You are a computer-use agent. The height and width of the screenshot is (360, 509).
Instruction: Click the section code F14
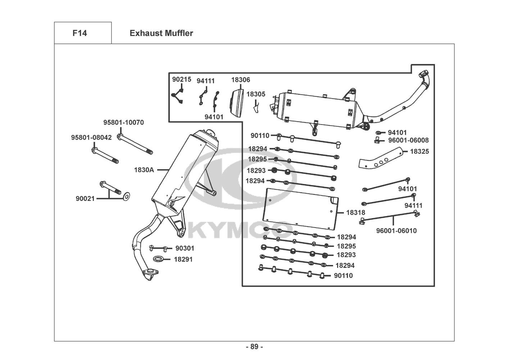click(80, 33)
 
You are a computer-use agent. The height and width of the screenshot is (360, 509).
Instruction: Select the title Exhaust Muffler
click(162, 33)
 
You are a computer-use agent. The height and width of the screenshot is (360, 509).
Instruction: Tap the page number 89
click(255, 347)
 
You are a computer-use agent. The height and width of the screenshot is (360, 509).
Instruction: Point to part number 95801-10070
click(124, 122)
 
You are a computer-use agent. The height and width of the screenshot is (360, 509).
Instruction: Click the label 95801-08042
click(91, 138)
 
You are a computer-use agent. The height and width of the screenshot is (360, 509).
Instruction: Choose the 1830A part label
click(144, 170)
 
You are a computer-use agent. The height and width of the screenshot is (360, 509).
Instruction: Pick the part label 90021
click(85, 198)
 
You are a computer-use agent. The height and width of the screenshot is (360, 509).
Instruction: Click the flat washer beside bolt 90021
click(126, 197)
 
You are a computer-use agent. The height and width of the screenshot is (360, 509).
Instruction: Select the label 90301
click(185, 248)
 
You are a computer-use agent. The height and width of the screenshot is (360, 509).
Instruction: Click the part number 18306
click(241, 80)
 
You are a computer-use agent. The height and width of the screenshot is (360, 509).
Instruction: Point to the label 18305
click(256, 94)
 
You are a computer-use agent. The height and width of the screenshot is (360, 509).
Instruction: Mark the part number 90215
click(182, 79)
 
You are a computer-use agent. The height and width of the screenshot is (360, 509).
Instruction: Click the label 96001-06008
click(408, 140)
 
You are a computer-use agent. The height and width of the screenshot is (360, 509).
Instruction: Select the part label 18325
click(419, 152)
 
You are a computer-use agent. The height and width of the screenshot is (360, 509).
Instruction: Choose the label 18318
click(356, 212)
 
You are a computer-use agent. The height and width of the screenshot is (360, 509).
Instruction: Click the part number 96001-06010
click(396, 231)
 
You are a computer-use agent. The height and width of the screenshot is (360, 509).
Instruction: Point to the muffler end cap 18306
click(237, 103)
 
